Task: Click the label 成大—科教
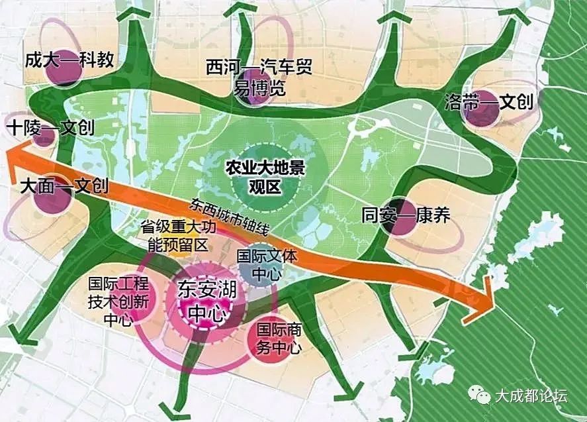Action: point(69,60)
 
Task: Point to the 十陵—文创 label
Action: point(50,129)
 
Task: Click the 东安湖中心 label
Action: point(206,300)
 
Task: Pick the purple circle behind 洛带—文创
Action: point(480,109)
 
